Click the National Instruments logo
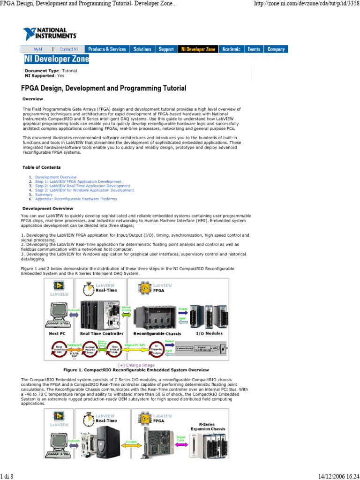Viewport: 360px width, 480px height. [50, 33]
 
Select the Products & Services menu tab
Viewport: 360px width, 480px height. [107, 49]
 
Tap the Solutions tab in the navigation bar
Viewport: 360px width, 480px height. [142, 49]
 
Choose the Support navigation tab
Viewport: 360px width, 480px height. [166, 49]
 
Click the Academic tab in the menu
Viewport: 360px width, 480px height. [231, 49]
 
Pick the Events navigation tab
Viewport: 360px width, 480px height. [254, 49]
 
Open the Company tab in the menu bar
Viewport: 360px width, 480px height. [276, 49]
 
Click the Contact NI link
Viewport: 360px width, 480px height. [69, 49]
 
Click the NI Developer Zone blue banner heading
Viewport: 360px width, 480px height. [57, 60]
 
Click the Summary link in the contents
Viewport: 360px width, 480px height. [44, 195]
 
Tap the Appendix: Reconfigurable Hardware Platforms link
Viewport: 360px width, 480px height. [76, 199]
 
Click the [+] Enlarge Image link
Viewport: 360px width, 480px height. [136, 365]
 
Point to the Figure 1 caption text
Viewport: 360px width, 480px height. [135, 370]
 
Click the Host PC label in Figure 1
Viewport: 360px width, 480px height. [60, 333]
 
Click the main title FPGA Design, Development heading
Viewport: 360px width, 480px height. [104, 88]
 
